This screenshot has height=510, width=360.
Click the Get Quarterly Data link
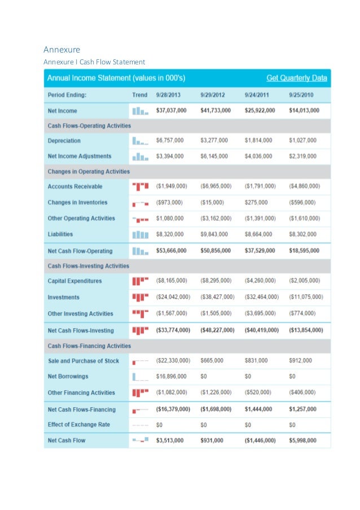(x=296, y=77)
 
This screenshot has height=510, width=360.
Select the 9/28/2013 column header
(x=168, y=95)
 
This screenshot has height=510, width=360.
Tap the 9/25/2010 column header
(x=301, y=95)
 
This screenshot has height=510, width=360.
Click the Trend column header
(x=139, y=95)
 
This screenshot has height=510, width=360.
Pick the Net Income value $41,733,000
(x=216, y=110)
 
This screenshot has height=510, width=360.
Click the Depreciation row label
(x=64, y=141)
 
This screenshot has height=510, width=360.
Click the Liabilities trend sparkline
(x=139, y=234)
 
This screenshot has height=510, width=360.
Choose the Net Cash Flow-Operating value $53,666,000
(x=172, y=251)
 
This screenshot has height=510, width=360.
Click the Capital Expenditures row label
(x=75, y=281)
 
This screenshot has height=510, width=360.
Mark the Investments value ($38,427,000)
(x=217, y=297)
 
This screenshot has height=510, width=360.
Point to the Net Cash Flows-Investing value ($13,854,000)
(x=306, y=330)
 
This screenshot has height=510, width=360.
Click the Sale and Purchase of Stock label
(x=84, y=360)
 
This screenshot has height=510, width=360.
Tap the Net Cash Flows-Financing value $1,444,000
(x=259, y=409)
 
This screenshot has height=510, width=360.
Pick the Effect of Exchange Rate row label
(x=79, y=424)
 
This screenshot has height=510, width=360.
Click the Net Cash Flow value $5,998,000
(x=302, y=440)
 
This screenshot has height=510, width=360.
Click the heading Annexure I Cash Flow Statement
(x=95, y=62)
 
